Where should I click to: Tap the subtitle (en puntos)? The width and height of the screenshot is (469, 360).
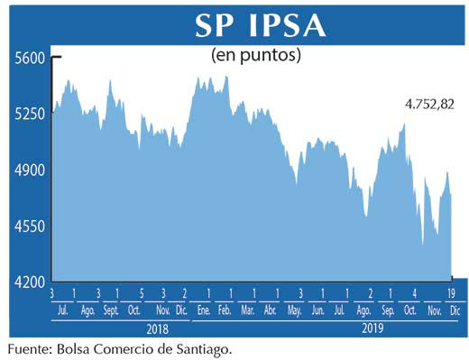point(255,55)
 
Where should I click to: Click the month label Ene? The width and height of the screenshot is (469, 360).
point(207,310)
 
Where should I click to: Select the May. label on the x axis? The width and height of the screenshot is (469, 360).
point(294,310)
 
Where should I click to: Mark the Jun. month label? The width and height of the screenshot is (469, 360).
point(317,310)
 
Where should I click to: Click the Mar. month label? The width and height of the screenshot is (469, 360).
point(247,310)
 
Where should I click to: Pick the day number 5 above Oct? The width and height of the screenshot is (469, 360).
point(142,294)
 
